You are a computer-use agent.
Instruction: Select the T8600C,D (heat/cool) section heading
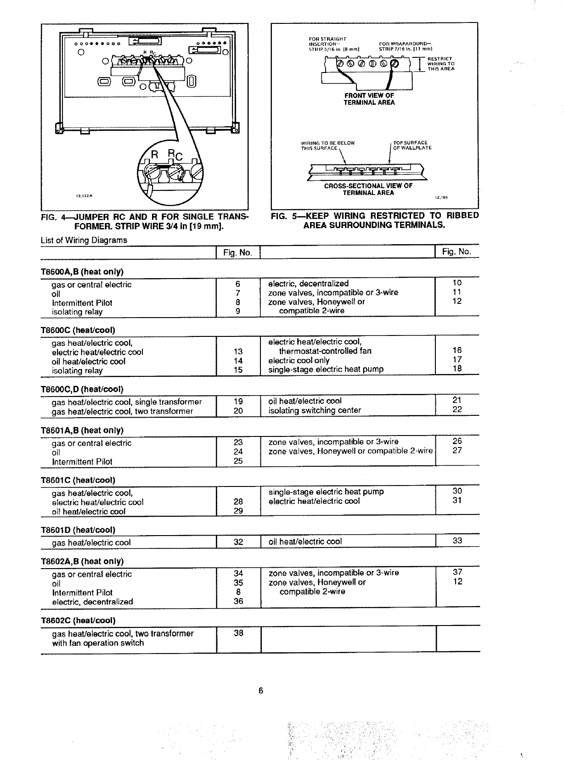82,390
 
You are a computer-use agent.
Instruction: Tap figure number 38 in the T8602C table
238,633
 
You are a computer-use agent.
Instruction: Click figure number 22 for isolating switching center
457,409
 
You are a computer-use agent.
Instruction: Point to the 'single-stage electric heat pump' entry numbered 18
326,369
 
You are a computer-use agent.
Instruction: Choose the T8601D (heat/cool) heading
78,530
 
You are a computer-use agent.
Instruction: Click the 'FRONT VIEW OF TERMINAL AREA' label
369,99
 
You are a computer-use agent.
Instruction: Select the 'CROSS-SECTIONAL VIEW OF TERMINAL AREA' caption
368,189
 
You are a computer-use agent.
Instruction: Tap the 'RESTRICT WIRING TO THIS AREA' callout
440,64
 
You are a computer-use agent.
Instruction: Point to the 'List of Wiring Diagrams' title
84,240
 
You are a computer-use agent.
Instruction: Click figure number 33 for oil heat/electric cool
457,541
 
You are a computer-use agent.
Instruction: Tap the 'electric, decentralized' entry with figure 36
92,602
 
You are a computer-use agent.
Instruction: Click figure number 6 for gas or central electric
238,284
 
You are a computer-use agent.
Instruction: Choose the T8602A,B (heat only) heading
82,561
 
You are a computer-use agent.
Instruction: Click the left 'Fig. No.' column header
238,252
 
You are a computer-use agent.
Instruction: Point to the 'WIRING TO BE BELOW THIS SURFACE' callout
327,145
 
